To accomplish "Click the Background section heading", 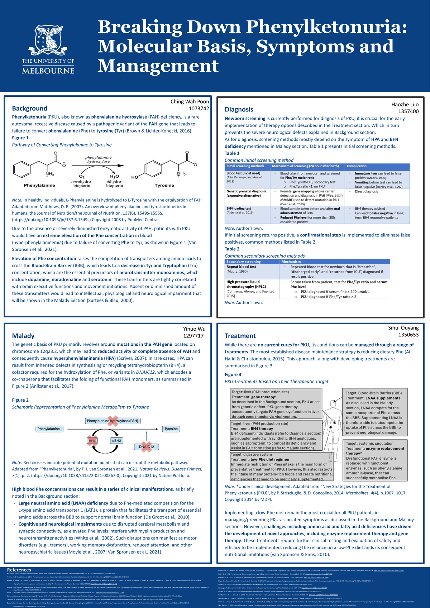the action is point(29,108).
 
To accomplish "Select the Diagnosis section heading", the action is point(239,109).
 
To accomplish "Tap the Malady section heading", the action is point(23,336).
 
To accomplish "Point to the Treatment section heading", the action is point(240,336).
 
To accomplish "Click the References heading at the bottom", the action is point(19,570).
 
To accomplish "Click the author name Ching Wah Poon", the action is point(190,101).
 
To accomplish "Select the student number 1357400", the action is point(408,111).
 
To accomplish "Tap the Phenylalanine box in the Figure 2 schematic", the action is point(49,429).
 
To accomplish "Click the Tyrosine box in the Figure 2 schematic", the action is point(171,429).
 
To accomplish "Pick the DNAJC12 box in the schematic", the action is point(146,447).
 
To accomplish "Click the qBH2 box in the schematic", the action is point(117,440).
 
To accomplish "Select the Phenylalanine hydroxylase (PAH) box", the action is point(113,421).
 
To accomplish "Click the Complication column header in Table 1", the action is point(357,166).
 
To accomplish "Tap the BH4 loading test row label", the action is point(239,209).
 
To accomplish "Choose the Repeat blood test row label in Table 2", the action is point(241,267).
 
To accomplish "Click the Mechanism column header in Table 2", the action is point(291,262).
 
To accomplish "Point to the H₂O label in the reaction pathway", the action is point(114,176).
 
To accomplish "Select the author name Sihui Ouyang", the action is point(403,328).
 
